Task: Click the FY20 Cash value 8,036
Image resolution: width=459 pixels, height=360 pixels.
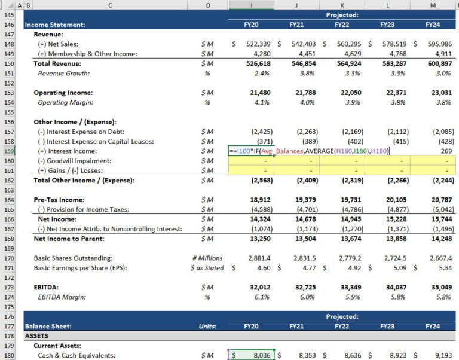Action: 259,355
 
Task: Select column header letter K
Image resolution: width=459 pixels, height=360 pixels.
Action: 342,5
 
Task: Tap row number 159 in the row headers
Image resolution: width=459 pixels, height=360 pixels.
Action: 10,151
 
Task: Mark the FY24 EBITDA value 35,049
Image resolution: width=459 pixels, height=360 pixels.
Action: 440,288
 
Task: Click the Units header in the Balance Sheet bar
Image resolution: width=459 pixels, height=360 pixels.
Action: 207,327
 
